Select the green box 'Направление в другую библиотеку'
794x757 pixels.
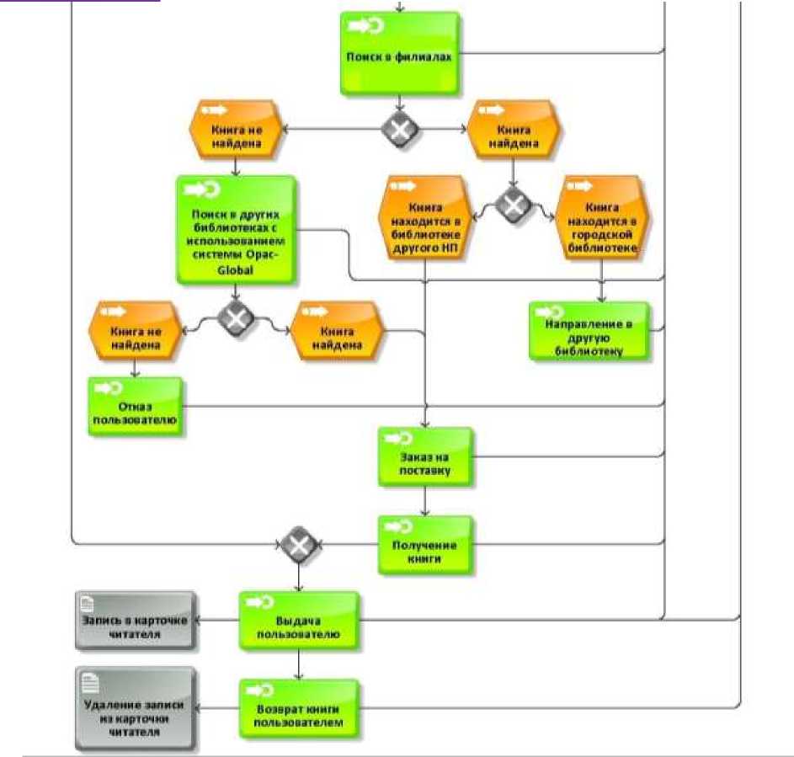coord(589,332)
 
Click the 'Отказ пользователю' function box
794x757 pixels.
coord(135,407)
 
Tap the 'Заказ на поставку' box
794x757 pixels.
coord(424,457)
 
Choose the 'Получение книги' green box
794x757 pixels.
coord(424,545)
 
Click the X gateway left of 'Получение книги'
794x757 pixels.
coord(298,545)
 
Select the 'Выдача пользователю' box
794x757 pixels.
coord(298,621)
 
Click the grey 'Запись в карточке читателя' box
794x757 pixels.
coord(135,621)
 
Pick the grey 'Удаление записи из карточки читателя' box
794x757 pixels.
coord(135,708)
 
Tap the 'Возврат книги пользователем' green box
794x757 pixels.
coord(298,708)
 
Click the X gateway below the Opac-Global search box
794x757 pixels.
coord(236,318)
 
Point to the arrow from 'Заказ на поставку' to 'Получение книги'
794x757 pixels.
coord(424,502)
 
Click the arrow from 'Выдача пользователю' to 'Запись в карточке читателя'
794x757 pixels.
coord(217,621)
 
